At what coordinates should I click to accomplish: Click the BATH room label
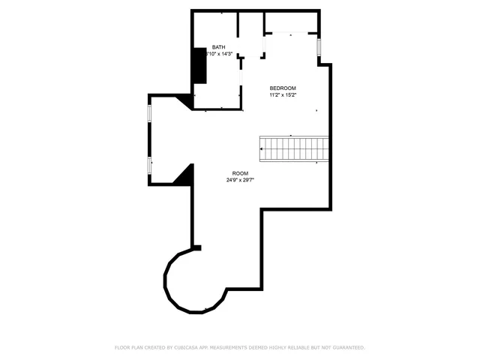[x=218, y=46]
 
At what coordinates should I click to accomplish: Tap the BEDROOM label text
[x=283, y=88]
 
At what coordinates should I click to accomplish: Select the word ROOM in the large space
[x=240, y=173]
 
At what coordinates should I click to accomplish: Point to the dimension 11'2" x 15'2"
[x=283, y=95]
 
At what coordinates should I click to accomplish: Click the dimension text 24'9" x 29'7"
[x=240, y=180]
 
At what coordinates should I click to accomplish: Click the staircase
[x=295, y=148]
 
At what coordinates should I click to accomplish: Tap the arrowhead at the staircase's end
[x=262, y=148]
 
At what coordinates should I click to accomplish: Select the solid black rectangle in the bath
[x=199, y=65]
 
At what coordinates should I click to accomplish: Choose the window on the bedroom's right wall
[x=319, y=47]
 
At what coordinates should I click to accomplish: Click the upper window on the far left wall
[x=150, y=112]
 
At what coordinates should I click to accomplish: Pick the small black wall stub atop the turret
[x=196, y=247]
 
